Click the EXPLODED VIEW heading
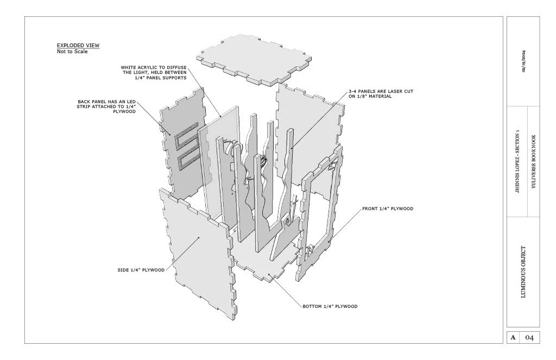78,46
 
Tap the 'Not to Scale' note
72,52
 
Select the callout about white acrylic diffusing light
154,73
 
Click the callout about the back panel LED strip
106,106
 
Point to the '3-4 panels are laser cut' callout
381,94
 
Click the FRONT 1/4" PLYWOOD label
388,209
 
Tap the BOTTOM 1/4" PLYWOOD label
330,307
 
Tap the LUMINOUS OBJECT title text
523,272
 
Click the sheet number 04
529,338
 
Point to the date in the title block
523,61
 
